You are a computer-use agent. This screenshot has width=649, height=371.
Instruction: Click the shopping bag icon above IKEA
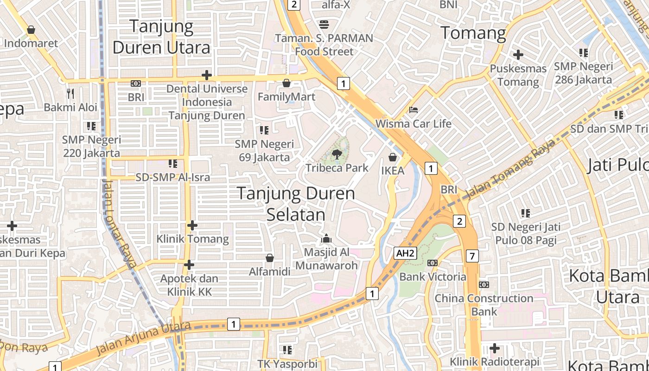click(x=393, y=157)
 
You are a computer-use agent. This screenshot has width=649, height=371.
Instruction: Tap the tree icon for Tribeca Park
click(x=337, y=154)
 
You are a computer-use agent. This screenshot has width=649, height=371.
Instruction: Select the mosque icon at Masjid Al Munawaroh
click(x=327, y=239)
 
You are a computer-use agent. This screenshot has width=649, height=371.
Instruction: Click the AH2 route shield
click(x=405, y=253)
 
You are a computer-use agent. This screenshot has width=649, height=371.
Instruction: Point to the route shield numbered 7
click(x=472, y=256)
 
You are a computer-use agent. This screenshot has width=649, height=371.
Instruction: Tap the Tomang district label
click(x=473, y=33)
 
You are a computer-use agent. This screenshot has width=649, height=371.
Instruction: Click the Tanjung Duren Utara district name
click(x=161, y=37)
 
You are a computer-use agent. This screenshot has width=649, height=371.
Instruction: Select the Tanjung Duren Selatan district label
click(x=296, y=204)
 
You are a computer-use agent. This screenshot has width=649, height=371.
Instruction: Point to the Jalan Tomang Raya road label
click(x=510, y=169)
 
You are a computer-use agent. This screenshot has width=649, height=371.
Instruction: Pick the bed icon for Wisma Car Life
click(x=414, y=110)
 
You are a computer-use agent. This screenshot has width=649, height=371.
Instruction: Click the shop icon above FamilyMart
click(x=286, y=83)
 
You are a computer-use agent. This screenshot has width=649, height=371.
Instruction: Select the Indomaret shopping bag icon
click(x=31, y=30)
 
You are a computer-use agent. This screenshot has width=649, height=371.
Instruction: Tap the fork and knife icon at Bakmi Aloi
click(x=70, y=94)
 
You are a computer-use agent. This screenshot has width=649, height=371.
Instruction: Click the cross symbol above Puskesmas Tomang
click(x=518, y=55)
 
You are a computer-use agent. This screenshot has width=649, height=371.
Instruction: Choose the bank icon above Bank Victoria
click(x=433, y=263)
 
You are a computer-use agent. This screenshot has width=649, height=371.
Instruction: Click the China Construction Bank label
click(x=484, y=305)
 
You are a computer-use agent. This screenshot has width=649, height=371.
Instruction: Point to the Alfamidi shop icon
click(x=270, y=258)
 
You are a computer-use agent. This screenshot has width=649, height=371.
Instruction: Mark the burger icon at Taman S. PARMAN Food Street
click(x=324, y=24)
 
